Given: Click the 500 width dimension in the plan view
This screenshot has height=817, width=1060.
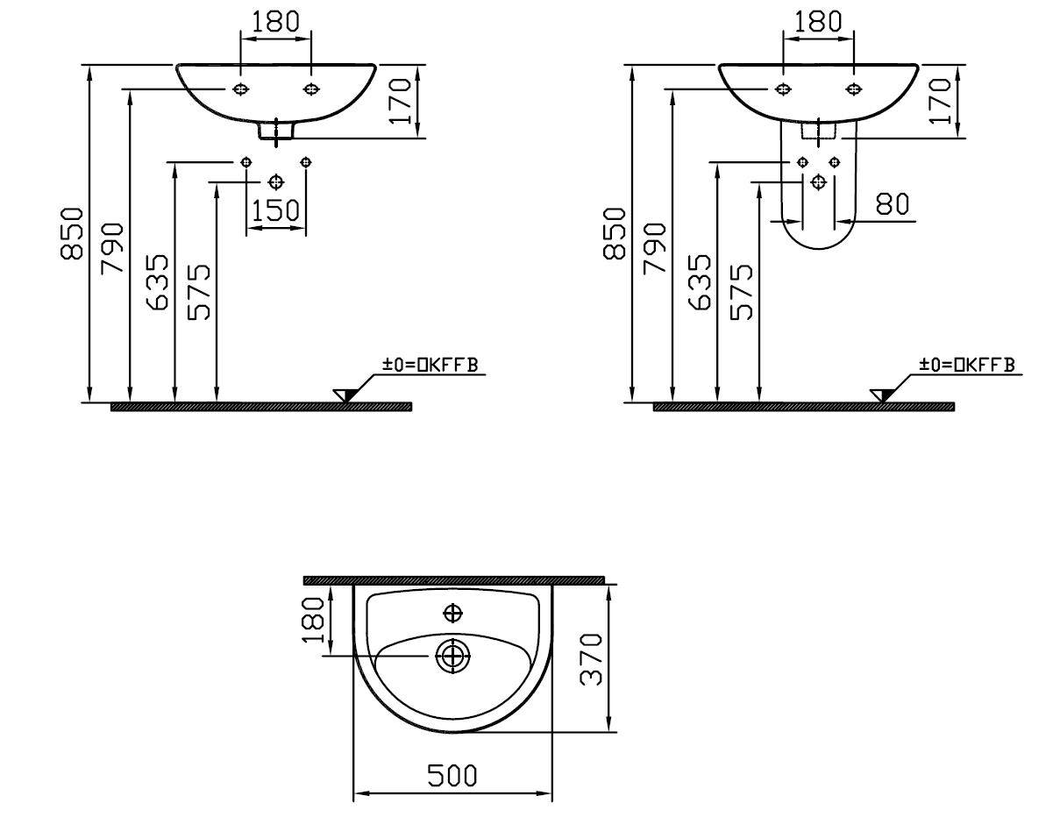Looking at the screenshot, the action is coord(452,776).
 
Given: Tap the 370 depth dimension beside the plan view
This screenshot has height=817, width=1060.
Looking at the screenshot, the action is coord(592,659).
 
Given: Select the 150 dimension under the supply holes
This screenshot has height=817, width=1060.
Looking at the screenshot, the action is coord(275,210).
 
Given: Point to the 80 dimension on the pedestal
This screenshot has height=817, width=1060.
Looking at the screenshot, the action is coord(893,204).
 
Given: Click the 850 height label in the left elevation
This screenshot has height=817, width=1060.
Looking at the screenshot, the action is coord(72,234).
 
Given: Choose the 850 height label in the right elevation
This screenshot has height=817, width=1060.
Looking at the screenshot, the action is coord(614,234).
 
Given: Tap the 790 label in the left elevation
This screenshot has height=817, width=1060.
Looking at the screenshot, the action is coord(112,248).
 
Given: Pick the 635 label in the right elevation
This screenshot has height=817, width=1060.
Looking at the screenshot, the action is coord(699,282).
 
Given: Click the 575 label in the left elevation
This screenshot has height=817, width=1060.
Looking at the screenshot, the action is coord(199,292).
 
